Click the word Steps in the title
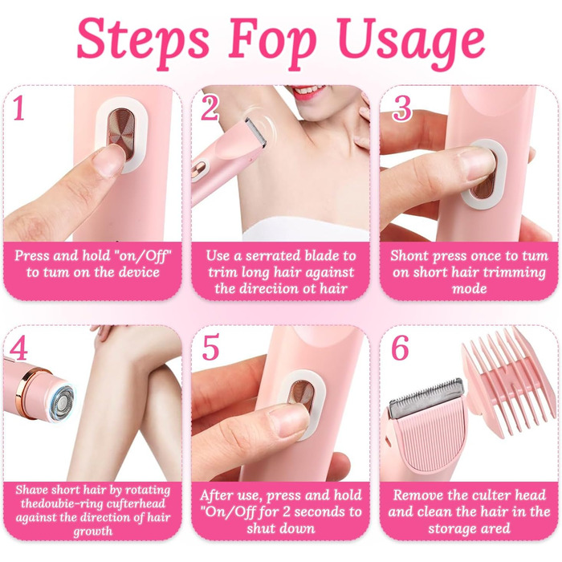click(143, 40)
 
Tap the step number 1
click(19, 108)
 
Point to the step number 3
click(401, 108)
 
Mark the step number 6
click(400, 348)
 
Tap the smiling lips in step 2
click(309, 92)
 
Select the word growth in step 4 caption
click(93, 531)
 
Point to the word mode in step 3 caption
click(469, 288)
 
